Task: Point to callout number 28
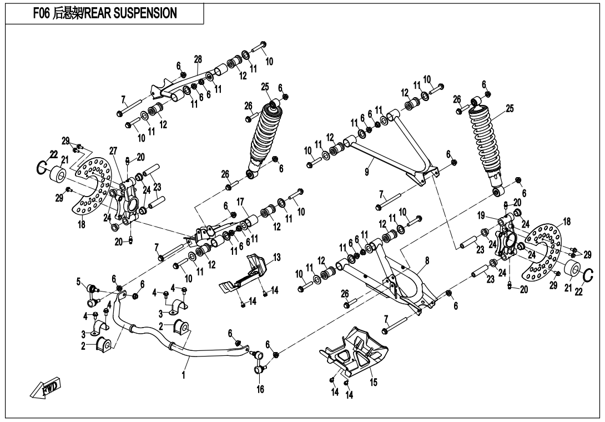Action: click(x=197, y=59)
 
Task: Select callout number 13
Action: click(x=276, y=257)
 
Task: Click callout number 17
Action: click(x=240, y=201)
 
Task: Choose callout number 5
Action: click(x=79, y=280)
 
